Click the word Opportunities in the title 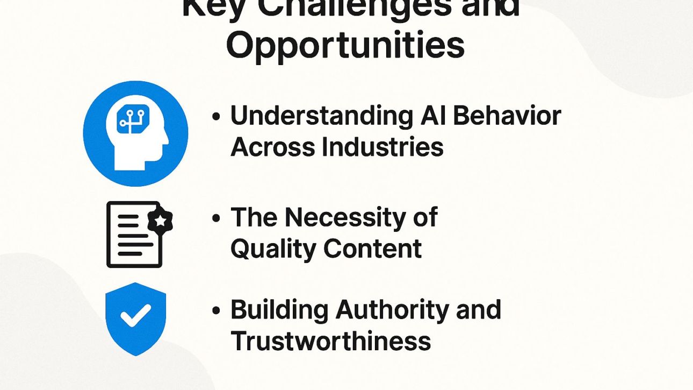pos(345,46)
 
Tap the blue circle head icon pos(135,133)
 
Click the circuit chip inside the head pos(133,117)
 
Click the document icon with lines pos(134,235)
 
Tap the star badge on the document pos(160,220)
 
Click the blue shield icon pos(135,318)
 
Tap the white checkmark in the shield pos(135,316)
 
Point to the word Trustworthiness pos(331,341)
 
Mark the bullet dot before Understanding pos(216,117)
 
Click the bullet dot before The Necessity pos(216,218)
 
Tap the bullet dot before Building pos(216,310)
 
